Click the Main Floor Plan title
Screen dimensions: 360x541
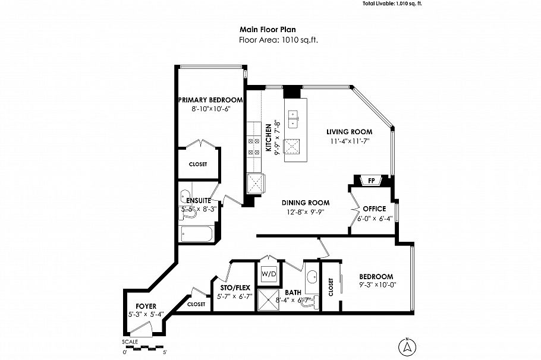268,29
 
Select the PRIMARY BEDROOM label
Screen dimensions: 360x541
210,100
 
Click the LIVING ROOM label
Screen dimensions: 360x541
350,132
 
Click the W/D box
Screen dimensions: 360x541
269,274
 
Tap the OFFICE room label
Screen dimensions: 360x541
375,209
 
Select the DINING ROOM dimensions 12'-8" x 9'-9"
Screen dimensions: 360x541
306,211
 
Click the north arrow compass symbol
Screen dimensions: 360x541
407,346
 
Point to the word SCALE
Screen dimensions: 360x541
130,342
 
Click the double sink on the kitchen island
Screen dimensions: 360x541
292,119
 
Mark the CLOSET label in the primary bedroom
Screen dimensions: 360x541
198,164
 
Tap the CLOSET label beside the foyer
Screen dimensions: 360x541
196,304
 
